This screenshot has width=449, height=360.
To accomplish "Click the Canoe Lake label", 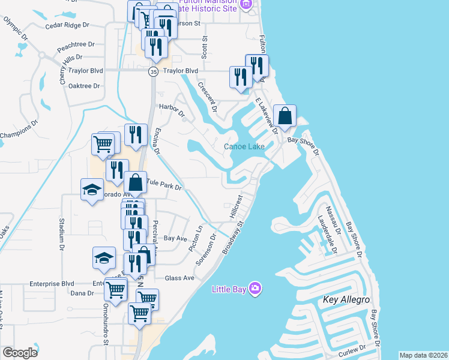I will [x=244, y=146].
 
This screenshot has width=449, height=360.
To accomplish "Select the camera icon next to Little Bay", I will [x=255, y=289].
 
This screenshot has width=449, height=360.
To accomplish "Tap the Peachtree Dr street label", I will [x=76, y=44].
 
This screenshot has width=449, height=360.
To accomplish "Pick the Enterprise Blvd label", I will [x=52, y=284].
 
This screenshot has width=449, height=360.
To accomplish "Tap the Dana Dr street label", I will [x=82, y=293].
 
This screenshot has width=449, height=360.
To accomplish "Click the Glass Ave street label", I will [x=179, y=278].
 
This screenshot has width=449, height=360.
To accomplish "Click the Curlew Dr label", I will [x=354, y=350].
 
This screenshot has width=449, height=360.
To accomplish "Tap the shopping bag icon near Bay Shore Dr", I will [x=285, y=116].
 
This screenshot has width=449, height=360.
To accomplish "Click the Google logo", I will [x=20, y=352].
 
